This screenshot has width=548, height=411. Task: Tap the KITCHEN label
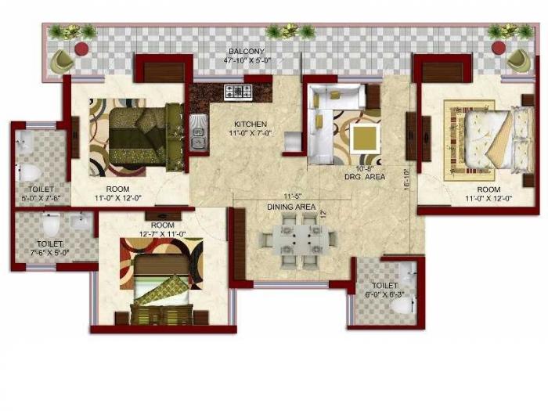click(x=250, y=124)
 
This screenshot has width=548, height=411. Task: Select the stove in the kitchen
click(x=235, y=91)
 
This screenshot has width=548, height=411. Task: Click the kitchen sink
click(x=198, y=131)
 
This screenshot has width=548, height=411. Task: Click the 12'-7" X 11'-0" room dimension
click(x=161, y=234)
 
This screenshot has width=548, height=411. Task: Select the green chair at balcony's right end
click(x=517, y=58)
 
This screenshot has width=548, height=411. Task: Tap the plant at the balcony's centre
click(x=289, y=31)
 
